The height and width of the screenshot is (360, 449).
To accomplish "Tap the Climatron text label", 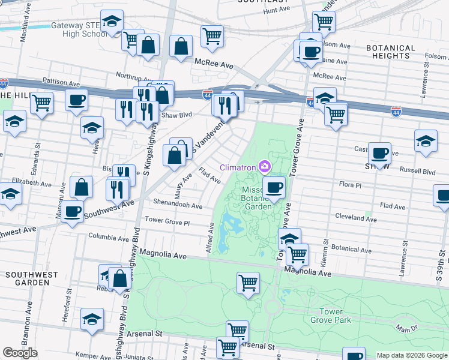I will [239, 167].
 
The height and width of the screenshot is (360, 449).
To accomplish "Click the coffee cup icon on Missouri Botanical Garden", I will [274, 187].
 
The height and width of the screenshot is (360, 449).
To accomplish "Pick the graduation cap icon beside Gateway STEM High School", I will [111, 22].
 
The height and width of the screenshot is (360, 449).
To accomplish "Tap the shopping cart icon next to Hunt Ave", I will [324, 22].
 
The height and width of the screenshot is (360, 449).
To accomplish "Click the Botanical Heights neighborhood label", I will [390, 52].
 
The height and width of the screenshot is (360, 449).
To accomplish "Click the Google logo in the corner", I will [20, 353].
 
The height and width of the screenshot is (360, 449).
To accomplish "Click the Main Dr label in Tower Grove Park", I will [406, 328].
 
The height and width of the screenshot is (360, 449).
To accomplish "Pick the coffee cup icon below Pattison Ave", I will [76, 101].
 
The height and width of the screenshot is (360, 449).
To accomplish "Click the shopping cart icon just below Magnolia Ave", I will [248, 283].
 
